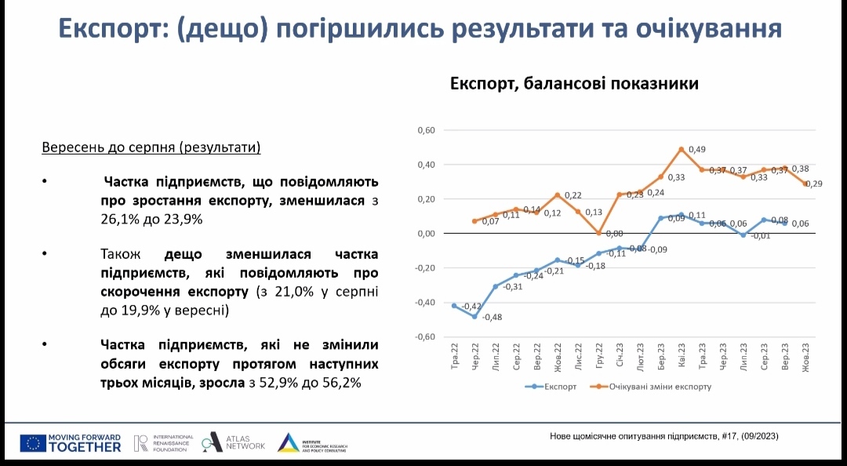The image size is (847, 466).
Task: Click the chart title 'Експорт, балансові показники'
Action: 573,84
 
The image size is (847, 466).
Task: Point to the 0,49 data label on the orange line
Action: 697,150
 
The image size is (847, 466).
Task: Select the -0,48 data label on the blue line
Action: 493,317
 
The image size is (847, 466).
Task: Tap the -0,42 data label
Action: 471,307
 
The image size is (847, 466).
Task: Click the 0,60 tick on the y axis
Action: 426,130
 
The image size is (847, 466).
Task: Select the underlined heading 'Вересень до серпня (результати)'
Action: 151,147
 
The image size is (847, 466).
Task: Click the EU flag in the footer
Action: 32,443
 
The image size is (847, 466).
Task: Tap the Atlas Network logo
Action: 234,442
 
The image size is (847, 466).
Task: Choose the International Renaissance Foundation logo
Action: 162,443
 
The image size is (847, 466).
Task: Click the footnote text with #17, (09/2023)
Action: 663,437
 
